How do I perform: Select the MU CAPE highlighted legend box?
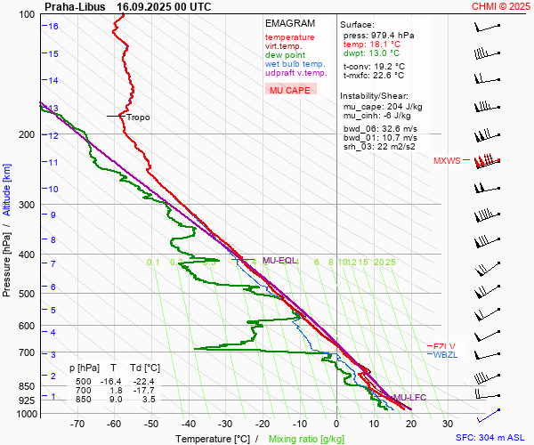tap(290, 90)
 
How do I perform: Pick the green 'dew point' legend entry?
tap(286, 55)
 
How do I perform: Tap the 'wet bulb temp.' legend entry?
tap(295, 64)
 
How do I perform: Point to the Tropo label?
tap(138, 117)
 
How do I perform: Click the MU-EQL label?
tap(279, 261)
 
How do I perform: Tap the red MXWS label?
tap(448, 161)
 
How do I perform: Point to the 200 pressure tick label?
tap(27, 134)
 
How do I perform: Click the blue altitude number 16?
tap(53, 27)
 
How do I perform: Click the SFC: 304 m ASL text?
tap(489, 438)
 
